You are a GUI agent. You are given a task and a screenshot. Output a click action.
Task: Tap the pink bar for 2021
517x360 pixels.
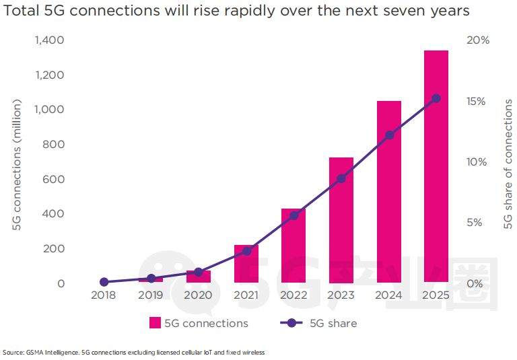246,264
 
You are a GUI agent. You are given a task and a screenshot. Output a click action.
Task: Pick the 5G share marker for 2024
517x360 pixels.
389,135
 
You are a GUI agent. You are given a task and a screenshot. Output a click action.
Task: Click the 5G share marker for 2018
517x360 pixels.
104,282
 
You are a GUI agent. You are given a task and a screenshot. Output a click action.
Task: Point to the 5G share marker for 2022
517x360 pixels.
294,215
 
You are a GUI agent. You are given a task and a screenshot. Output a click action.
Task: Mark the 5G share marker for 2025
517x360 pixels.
436,98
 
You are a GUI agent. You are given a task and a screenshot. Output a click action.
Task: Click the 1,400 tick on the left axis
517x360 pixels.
50,40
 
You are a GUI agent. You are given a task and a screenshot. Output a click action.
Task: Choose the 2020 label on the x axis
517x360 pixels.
198,295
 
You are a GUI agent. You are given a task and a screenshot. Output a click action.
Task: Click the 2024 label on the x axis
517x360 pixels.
389,295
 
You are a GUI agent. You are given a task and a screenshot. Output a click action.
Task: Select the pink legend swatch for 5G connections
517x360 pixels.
155,323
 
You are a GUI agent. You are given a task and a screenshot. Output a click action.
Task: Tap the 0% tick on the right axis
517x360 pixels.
474,283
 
